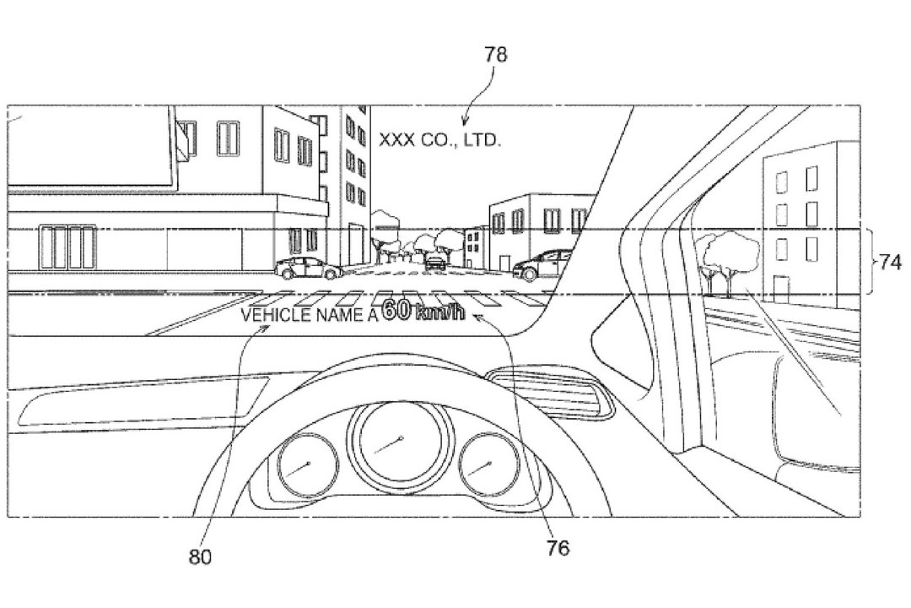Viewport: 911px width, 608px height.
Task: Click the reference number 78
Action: click(x=496, y=54)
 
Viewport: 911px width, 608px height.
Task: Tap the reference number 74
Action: click(x=890, y=263)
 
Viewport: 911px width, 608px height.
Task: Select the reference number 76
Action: click(x=558, y=547)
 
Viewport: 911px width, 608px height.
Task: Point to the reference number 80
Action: click(x=200, y=556)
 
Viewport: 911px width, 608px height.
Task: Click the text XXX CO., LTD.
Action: click(x=439, y=139)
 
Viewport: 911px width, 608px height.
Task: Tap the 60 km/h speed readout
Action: click(x=424, y=310)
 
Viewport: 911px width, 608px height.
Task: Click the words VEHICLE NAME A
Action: click(x=309, y=315)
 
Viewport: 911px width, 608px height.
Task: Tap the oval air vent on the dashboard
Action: click(x=550, y=392)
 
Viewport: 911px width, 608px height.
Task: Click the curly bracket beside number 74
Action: click(x=872, y=262)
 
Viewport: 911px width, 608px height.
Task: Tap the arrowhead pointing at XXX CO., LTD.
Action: click(x=464, y=121)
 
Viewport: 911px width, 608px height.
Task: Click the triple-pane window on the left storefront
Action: click(x=67, y=247)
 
